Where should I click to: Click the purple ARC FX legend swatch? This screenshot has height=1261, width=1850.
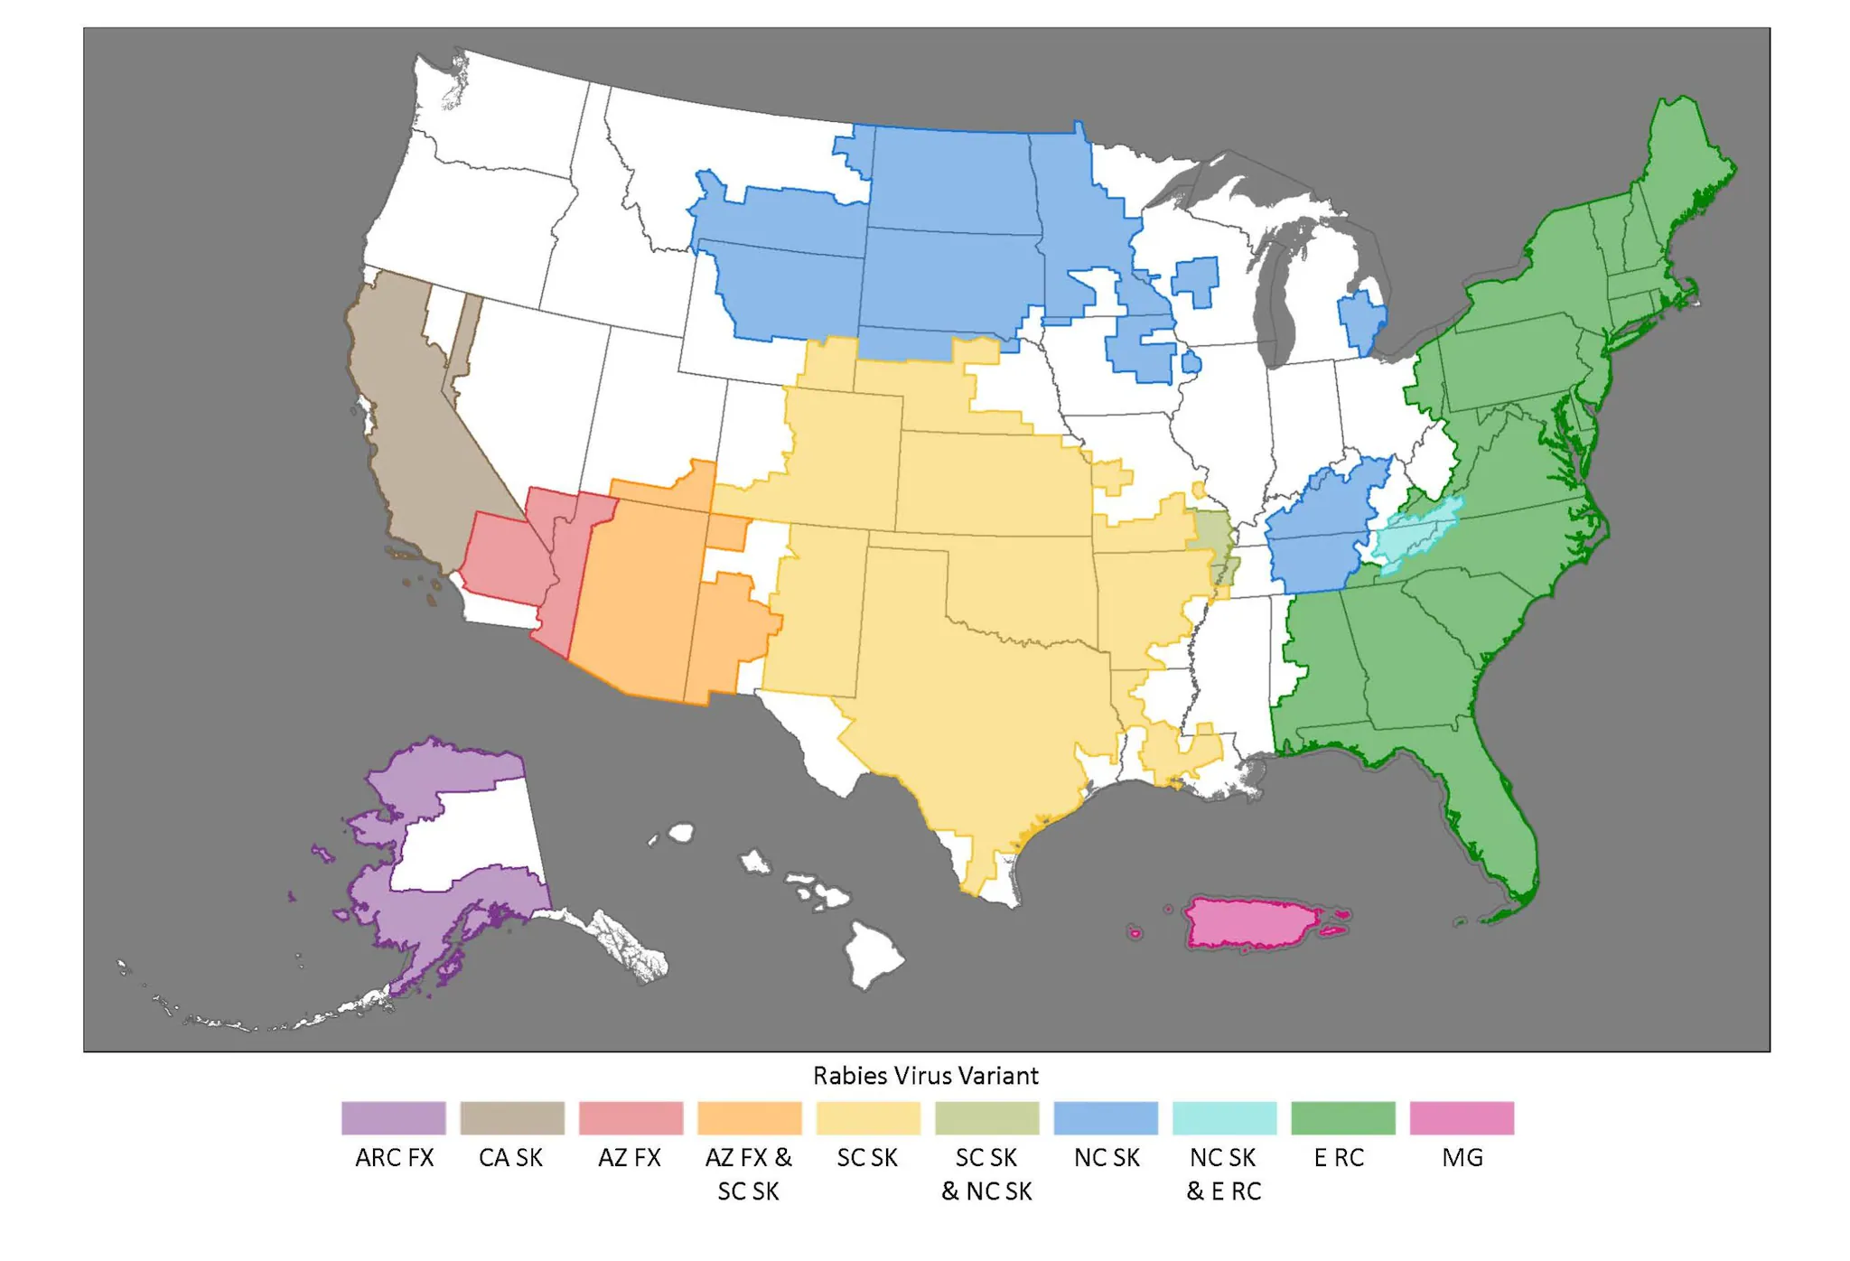pyautogui.click(x=393, y=1117)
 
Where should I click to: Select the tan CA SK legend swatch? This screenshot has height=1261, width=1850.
pyautogui.click(x=512, y=1117)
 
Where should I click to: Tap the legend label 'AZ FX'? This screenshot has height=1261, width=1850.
pyautogui.click(x=630, y=1157)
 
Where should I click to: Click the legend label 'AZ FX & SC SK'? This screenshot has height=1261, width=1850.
pyautogui.click(x=748, y=1173)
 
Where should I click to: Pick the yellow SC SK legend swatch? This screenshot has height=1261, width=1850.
pyautogui.click(x=868, y=1117)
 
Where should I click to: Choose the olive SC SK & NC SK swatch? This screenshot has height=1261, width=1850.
pyautogui.click(x=986, y=1117)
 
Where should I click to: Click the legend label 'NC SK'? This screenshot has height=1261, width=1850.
pyautogui.click(x=1106, y=1157)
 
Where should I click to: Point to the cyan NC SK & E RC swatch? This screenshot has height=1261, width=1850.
pyautogui.click(x=1224, y=1117)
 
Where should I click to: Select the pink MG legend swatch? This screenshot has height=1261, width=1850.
pyautogui.click(x=1462, y=1117)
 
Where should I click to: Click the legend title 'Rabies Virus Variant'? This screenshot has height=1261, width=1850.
pyautogui.click(x=925, y=1075)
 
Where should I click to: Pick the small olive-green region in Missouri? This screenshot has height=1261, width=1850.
pyautogui.click(x=1210, y=533)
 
